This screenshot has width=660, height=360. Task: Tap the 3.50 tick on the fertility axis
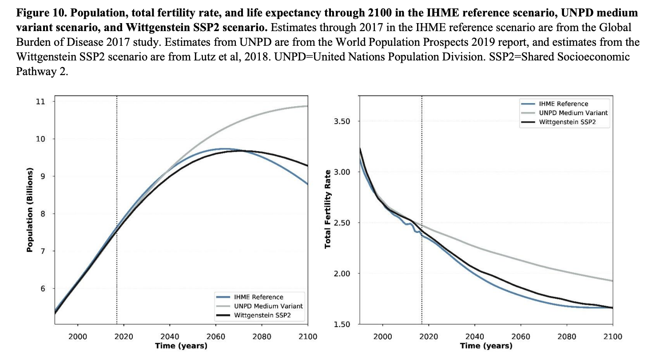tap(342, 121)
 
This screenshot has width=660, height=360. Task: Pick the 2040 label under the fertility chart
tap(474, 336)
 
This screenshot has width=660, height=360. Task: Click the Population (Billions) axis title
tap(30, 210)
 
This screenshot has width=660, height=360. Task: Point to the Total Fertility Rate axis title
tap(328, 209)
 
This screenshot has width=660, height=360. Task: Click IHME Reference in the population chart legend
tap(258, 297)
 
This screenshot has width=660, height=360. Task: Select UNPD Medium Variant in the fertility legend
tap(573, 112)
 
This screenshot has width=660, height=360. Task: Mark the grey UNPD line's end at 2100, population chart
tap(308, 106)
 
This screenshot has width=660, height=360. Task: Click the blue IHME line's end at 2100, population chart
tap(308, 184)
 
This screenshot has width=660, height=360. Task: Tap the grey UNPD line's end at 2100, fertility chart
tap(612, 281)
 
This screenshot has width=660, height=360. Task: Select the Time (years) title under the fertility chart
tap(486, 345)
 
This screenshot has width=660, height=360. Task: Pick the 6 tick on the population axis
tap(43, 288)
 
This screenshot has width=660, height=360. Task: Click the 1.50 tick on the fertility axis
tap(342, 324)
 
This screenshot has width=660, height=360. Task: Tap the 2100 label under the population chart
tap(308, 336)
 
